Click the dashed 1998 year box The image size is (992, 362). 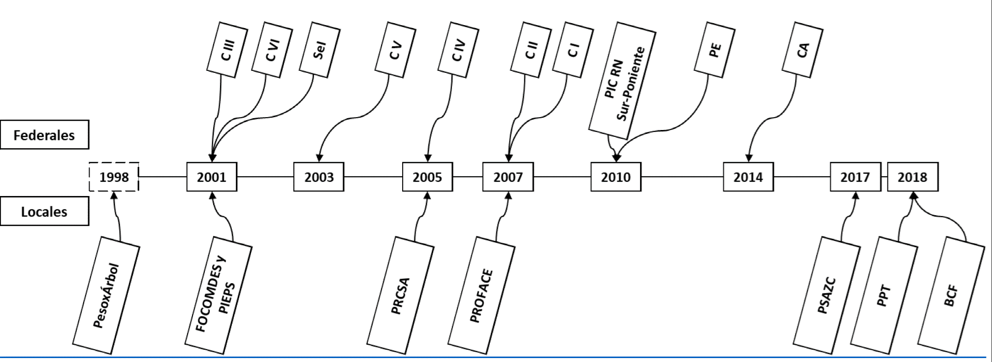[x=114, y=177]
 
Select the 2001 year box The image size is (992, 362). [x=212, y=177]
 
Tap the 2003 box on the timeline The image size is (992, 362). [x=319, y=177]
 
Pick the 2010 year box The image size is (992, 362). [x=616, y=177]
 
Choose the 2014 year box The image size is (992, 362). [x=748, y=177]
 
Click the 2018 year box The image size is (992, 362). [x=912, y=177]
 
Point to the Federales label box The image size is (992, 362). [x=44, y=135]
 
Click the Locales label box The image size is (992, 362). [x=44, y=212]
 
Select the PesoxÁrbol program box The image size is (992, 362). [x=106, y=296]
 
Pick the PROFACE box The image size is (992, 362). [x=482, y=296]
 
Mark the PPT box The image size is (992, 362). [x=885, y=296]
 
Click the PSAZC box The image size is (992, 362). [x=827, y=296]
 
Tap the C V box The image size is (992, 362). [x=395, y=50]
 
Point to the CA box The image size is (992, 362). [x=803, y=50]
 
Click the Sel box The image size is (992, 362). [x=320, y=50]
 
